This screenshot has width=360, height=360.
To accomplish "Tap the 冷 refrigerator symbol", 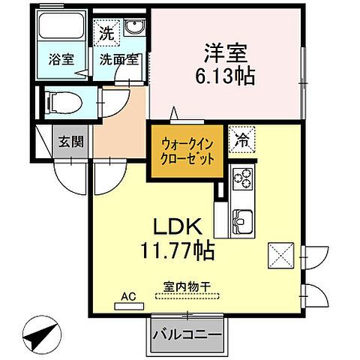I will [241, 138].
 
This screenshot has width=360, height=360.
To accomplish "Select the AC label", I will [129, 297].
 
